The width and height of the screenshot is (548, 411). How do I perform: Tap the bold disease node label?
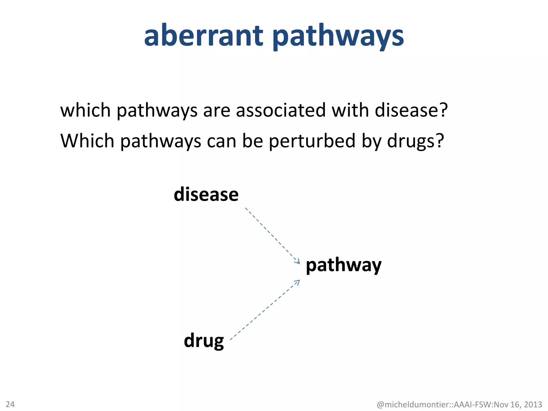pos(206,195)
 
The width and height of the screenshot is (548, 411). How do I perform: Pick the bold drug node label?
pos(204,341)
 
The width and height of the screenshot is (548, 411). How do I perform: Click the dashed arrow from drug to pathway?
pos(265,310)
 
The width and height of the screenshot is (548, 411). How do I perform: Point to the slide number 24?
pos(10,404)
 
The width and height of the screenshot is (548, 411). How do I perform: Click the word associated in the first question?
pos(281,110)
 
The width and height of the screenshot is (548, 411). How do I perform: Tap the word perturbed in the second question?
pos(312,141)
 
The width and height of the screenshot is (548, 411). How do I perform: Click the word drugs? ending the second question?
pos(416,141)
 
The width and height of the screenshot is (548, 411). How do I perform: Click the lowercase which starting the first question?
pos(85,110)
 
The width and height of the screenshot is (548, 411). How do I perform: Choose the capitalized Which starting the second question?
pos(87,141)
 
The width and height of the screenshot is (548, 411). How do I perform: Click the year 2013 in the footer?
pos(533,404)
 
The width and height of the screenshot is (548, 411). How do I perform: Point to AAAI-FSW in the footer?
pos(473,404)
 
